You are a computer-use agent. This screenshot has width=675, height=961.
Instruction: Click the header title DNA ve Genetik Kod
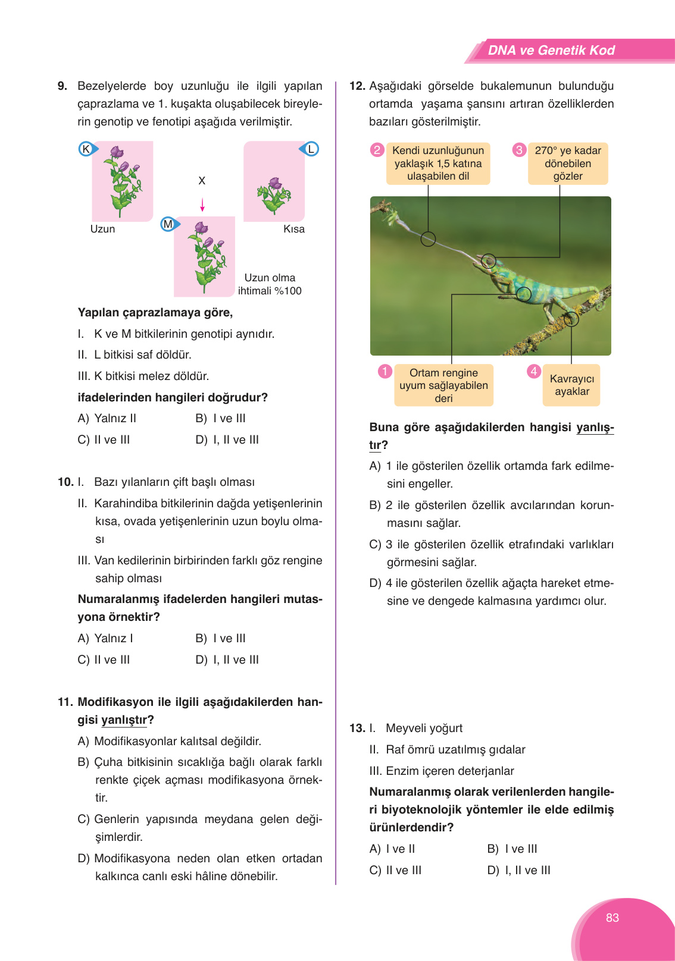click(x=551, y=51)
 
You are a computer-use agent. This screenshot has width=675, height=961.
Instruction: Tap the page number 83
click(x=612, y=918)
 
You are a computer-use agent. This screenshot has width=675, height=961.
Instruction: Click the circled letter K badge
click(x=86, y=149)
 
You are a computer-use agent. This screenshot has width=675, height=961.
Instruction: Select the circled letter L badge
click(x=311, y=149)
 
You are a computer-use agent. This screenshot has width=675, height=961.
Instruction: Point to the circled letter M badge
click(x=168, y=224)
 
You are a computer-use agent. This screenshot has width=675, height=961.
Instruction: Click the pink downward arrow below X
click(x=202, y=205)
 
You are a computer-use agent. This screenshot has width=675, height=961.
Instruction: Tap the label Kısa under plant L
click(x=293, y=229)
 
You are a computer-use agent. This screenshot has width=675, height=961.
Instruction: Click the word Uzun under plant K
click(x=102, y=229)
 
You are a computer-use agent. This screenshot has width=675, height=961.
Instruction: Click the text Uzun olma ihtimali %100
click(x=270, y=284)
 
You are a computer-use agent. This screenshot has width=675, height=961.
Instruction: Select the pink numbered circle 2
click(x=377, y=150)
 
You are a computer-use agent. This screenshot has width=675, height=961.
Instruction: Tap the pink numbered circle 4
click(x=534, y=371)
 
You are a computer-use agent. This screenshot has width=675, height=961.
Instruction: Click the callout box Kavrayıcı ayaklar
click(x=571, y=385)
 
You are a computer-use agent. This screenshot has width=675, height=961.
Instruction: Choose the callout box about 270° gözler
click(x=568, y=164)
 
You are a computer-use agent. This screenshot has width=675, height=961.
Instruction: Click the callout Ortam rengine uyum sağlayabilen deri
click(x=443, y=385)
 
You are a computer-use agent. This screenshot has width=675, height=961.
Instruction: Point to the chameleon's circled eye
click(x=489, y=260)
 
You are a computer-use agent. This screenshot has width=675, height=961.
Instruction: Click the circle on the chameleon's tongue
click(x=428, y=239)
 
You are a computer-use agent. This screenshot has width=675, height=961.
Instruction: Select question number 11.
click(x=65, y=702)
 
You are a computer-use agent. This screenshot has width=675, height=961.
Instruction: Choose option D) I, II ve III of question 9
click(x=227, y=439)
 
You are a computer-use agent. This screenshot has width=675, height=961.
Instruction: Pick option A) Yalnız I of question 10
click(x=105, y=638)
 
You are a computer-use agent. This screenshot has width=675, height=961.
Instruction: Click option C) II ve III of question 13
click(x=395, y=870)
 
